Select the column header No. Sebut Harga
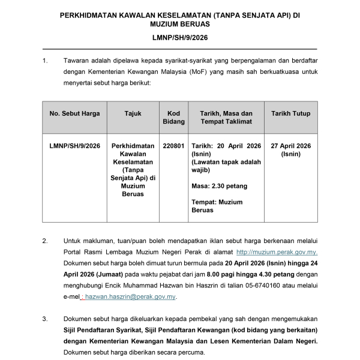pyautogui.click(x=75, y=113)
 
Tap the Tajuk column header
pyautogui.click(x=133, y=113)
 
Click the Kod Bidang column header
pyautogui.click(x=174, y=117)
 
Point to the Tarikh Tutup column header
pyautogui.click(x=290, y=113)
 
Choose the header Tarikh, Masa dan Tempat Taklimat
pyautogui.click(x=221, y=117)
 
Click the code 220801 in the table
pyautogui.click(x=174, y=146)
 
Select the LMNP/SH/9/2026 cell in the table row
pyautogui.click(x=75, y=146)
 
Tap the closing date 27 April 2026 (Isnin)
pyautogui.click(x=290, y=149)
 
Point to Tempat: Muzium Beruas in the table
pyautogui.click(x=217, y=206)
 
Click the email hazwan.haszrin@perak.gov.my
pyautogui.click(x=130, y=296)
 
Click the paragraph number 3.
pyautogui.click(x=44, y=319)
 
